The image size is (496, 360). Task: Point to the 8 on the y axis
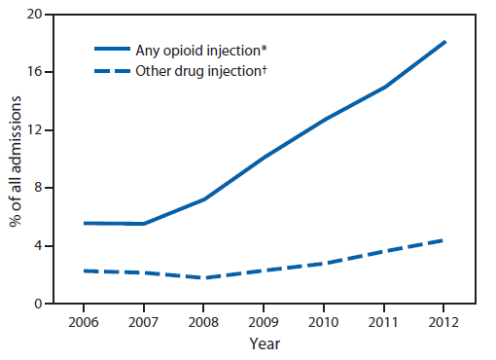[x=38, y=188]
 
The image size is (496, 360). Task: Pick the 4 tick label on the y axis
[x=38, y=246]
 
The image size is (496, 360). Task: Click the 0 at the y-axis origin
[x=38, y=304]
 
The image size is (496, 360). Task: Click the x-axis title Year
[x=264, y=343]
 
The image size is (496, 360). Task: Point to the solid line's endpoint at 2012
[x=445, y=42]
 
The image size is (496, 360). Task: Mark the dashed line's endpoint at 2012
[x=445, y=239]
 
